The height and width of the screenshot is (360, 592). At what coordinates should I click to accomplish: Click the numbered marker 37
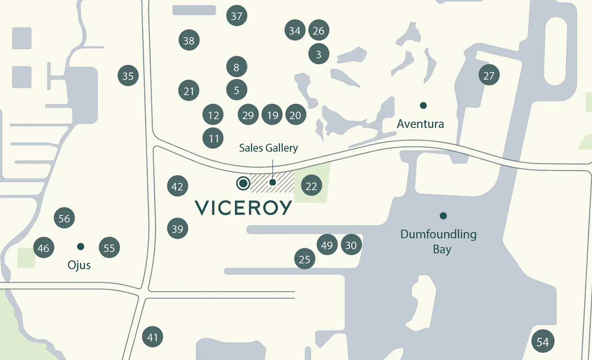pyautogui.click(x=237, y=16)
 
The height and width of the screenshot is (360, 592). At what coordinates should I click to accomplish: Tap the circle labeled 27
pyautogui.click(x=489, y=76)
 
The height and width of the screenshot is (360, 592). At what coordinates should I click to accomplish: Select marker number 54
pyautogui.click(x=543, y=342)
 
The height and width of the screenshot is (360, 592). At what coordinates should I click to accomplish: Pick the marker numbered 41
pyautogui.click(x=152, y=337)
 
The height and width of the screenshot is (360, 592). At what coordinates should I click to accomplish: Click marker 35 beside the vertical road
pyautogui.click(x=128, y=76)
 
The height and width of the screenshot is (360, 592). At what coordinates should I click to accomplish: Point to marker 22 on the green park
pyautogui.click(x=311, y=186)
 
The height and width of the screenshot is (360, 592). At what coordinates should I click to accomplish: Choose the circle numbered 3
pyautogui.click(x=318, y=54)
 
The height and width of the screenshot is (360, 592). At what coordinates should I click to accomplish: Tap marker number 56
pyautogui.click(x=64, y=218)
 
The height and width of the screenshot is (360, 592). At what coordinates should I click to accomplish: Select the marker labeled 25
pyautogui.click(x=305, y=259)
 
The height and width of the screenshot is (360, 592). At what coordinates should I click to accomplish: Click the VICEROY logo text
pyautogui.click(x=243, y=208)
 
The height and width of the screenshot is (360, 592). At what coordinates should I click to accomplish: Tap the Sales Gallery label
pyautogui.click(x=268, y=148)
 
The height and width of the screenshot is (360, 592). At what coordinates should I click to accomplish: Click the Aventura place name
pyautogui.click(x=420, y=124)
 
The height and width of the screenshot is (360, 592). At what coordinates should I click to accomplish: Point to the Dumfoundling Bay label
pyautogui.click(x=438, y=241)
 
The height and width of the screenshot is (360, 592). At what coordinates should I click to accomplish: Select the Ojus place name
pyautogui.click(x=79, y=265)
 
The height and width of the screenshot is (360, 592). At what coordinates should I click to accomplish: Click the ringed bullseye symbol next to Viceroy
pyautogui.click(x=243, y=183)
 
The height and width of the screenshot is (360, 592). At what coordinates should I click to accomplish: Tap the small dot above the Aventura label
pyautogui.click(x=423, y=105)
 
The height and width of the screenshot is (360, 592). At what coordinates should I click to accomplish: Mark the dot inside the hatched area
pyautogui.click(x=272, y=182)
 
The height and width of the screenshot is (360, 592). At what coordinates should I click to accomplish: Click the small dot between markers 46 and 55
pyautogui.click(x=81, y=246)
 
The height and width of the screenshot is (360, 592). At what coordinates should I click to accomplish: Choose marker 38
pyautogui.click(x=189, y=40)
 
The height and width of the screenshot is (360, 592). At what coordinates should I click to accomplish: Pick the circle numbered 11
pyautogui.click(x=214, y=139)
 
